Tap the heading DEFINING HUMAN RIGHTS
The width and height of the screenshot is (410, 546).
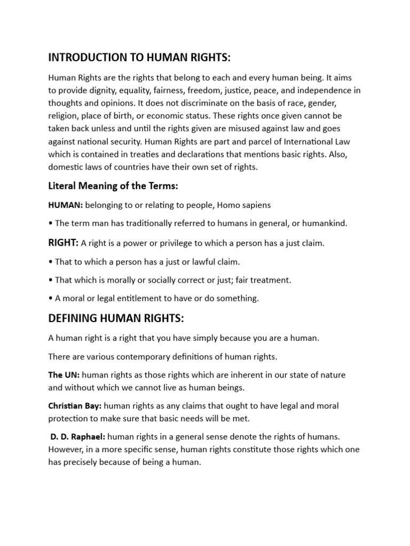coord(116,318)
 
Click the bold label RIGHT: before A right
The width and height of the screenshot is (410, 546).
coord(64,243)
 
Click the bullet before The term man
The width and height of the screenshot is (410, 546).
coord(50,223)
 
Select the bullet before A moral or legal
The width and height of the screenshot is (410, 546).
coord(50,299)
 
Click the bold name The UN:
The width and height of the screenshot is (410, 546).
coord(64,375)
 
